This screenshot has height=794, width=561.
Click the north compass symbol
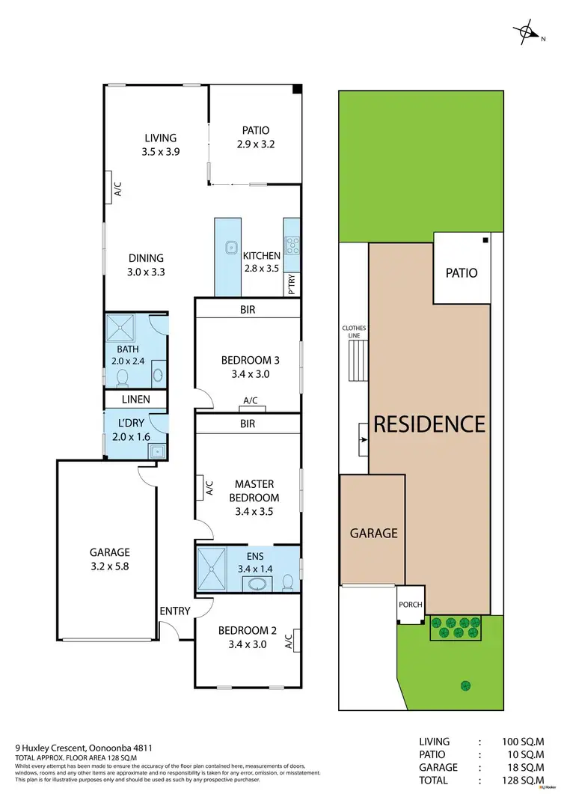(x=527, y=31)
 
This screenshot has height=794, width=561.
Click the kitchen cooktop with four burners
(x=292, y=246)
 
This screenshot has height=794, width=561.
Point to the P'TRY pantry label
(x=292, y=284)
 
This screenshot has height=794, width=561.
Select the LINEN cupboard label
(x=135, y=400)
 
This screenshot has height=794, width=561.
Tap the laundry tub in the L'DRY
(x=156, y=450)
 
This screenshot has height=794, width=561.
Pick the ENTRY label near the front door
(x=175, y=611)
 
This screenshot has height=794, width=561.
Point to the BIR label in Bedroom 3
(x=248, y=308)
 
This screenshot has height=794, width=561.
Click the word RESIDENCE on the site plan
(x=429, y=424)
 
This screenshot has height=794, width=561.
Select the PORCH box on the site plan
(x=410, y=605)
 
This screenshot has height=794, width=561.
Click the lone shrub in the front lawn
(x=466, y=684)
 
